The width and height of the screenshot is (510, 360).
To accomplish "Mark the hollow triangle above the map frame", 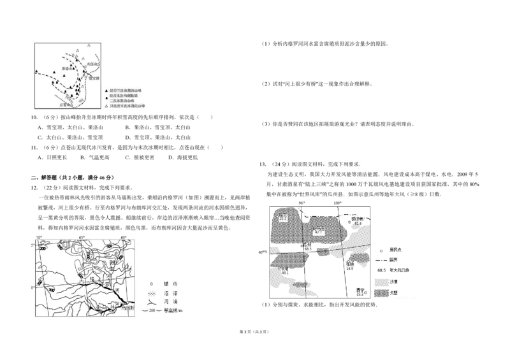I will pos(89,45).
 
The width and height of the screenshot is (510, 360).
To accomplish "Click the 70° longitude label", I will pos(38,238).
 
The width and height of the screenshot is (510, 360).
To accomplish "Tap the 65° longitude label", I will pos(82,238).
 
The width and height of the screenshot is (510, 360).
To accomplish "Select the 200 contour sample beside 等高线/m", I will pos(149,311).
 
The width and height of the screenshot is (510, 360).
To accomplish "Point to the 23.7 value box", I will pos(284,219).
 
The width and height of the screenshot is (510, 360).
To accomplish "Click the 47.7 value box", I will pos(319,233).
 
